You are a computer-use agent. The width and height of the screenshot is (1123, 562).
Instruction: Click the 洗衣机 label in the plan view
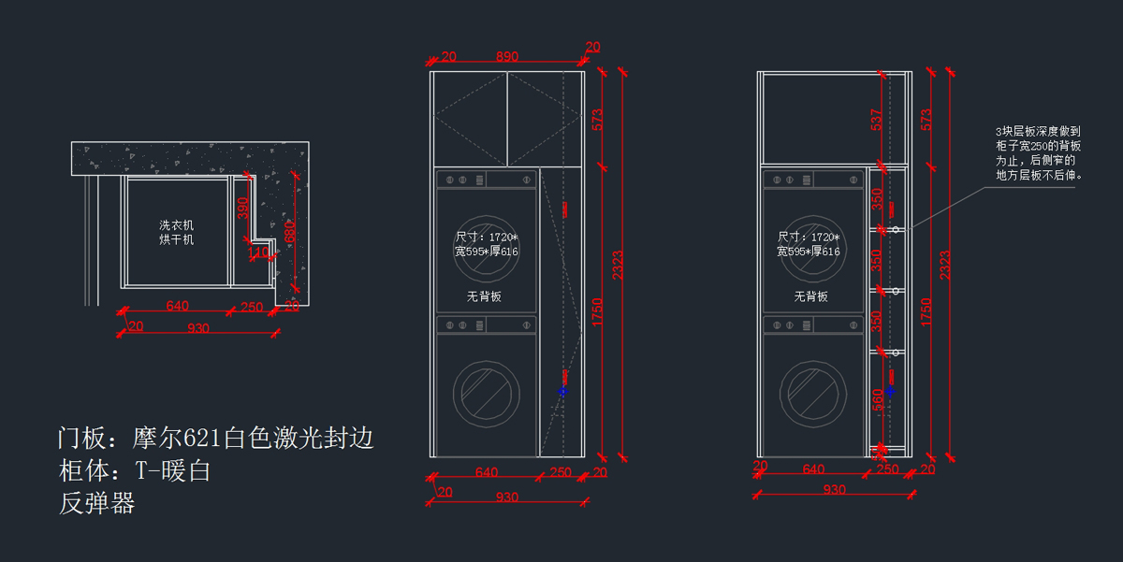click(176, 225)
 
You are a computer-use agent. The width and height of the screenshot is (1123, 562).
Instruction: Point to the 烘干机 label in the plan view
click(176, 239)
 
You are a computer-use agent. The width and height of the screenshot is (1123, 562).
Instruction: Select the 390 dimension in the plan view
click(242, 208)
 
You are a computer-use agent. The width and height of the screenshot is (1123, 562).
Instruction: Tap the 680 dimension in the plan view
click(290, 231)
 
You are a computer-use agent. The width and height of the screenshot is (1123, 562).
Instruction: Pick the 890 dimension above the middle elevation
click(506, 57)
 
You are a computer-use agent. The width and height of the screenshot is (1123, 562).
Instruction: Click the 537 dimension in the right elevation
click(877, 121)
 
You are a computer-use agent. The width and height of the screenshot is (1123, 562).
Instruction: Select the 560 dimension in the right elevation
click(877, 399)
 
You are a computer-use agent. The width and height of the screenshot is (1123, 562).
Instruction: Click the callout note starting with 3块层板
click(1039, 153)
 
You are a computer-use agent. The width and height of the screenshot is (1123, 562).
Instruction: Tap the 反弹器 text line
click(96, 503)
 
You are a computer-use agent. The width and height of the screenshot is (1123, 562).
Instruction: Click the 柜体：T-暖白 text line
click(134, 470)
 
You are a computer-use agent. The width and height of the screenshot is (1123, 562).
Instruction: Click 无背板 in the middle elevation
click(485, 296)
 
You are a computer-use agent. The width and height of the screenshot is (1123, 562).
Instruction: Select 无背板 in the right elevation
click(811, 296)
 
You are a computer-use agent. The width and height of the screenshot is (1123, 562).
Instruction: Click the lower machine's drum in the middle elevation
click(486, 394)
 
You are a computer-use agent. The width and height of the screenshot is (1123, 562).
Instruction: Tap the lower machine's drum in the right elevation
click(812, 394)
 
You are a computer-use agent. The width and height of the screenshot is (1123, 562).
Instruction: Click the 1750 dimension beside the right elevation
click(926, 310)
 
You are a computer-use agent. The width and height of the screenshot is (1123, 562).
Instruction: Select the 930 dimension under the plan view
click(198, 328)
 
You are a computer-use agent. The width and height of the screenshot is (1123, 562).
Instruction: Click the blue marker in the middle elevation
click(562, 391)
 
